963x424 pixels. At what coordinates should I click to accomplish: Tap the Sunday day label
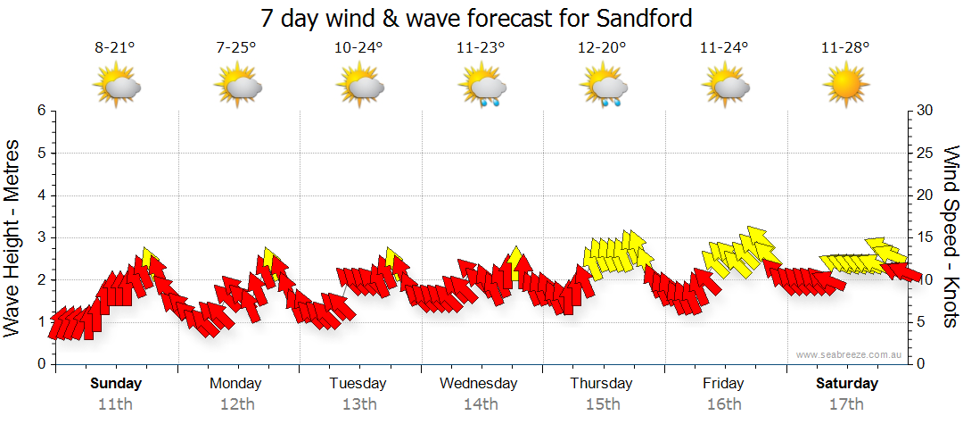click(115, 384)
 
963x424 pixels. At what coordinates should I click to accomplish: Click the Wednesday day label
click(479, 384)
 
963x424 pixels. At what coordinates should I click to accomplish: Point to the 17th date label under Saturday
click(846, 404)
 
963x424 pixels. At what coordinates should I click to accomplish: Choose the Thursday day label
click(601, 384)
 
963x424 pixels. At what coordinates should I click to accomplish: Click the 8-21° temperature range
click(115, 48)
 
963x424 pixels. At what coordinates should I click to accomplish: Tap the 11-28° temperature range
click(846, 48)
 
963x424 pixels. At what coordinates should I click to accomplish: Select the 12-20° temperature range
click(602, 48)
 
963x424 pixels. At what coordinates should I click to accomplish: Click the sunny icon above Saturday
click(845, 87)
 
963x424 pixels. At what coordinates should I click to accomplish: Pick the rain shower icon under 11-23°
click(481, 88)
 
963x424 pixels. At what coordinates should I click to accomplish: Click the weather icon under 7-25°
click(237, 87)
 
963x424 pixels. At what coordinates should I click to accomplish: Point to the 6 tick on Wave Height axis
click(40, 111)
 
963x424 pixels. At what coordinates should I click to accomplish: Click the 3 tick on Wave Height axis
click(40, 237)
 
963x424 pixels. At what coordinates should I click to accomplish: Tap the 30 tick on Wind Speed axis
click(926, 111)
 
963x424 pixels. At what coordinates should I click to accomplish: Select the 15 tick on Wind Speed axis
click(926, 237)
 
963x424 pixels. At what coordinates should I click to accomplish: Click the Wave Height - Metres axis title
click(13, 237)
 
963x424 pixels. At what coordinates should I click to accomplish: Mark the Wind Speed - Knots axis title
click(951, 237)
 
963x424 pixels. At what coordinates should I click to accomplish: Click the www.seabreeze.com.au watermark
click(850, 354)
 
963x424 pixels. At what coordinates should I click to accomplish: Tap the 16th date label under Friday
click(724, 404)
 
